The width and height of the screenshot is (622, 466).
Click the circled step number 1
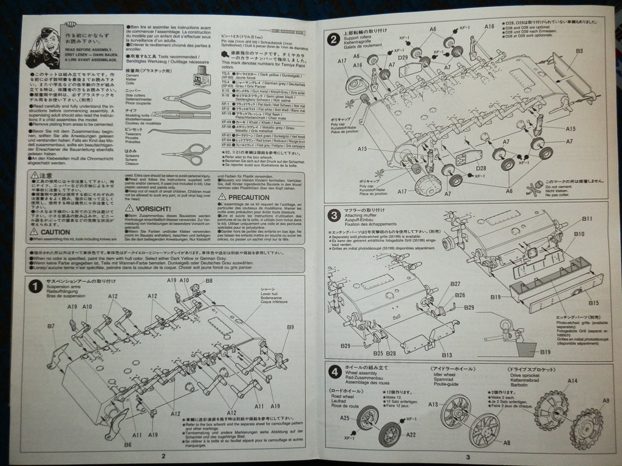coord(36,286)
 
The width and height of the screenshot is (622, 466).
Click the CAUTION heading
coord(56,232)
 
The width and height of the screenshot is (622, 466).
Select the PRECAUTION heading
coord(249,197)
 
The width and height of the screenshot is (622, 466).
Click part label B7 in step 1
coord(51,326)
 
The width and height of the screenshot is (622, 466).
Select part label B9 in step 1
coord(290,327)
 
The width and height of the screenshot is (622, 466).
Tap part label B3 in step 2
coord(579,51)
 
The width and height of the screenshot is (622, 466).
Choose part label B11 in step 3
coord(587,218)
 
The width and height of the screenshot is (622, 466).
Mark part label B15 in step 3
coord(593,303)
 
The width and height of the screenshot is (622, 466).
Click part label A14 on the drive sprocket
coord(572,381)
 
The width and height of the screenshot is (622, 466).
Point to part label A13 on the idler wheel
coord(433,404)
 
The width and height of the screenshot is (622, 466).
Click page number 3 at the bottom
coord(468,457)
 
